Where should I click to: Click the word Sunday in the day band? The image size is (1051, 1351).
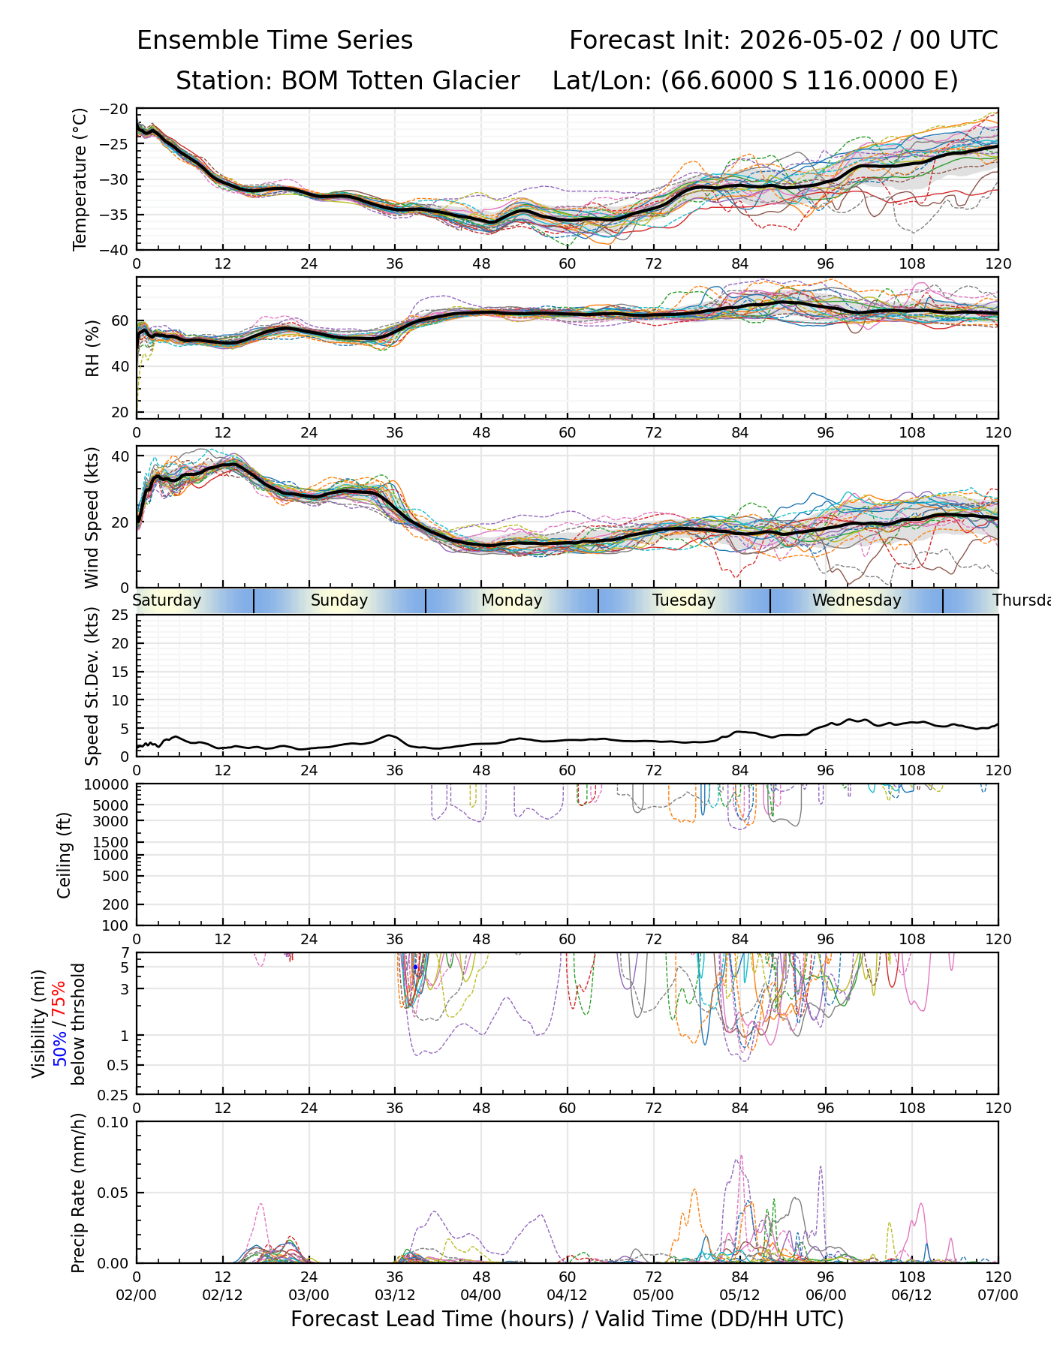339,600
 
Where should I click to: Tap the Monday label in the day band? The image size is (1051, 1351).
512,600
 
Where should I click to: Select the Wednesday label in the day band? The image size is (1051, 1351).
857,600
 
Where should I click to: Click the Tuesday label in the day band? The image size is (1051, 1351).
684,600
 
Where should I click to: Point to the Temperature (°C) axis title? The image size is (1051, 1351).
80,179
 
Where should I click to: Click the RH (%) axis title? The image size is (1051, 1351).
92,348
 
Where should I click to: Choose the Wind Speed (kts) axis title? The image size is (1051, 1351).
92,517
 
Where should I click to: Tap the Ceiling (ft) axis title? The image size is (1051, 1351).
65,855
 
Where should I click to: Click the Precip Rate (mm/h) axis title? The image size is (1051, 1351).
78,1193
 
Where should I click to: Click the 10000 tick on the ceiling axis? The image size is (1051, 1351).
110,785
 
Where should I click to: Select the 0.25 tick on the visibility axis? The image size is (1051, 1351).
116,1094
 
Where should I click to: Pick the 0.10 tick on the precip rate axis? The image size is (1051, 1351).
116,1122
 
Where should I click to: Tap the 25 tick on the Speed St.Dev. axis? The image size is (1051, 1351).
121,615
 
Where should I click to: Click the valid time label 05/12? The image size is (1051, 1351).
739,1295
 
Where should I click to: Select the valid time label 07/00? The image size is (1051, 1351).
998,1295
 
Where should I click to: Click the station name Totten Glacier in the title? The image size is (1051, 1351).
400,81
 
